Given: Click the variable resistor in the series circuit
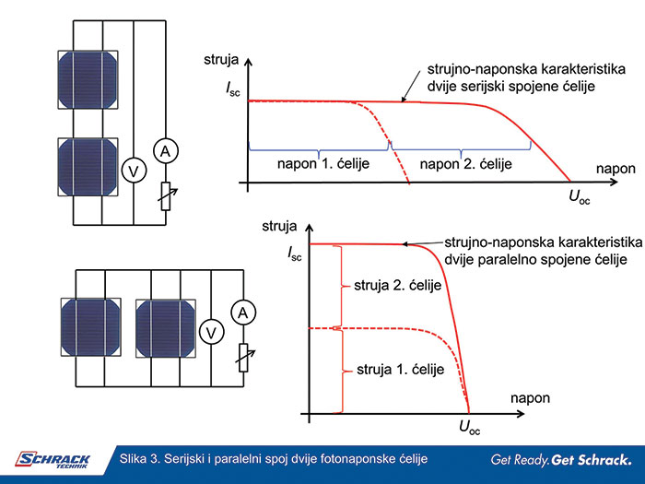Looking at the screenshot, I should [165, 195].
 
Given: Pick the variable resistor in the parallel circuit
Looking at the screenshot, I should [243, 355].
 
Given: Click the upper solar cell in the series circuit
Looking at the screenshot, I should [88, 79].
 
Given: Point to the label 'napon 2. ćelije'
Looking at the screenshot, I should [460, 162].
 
